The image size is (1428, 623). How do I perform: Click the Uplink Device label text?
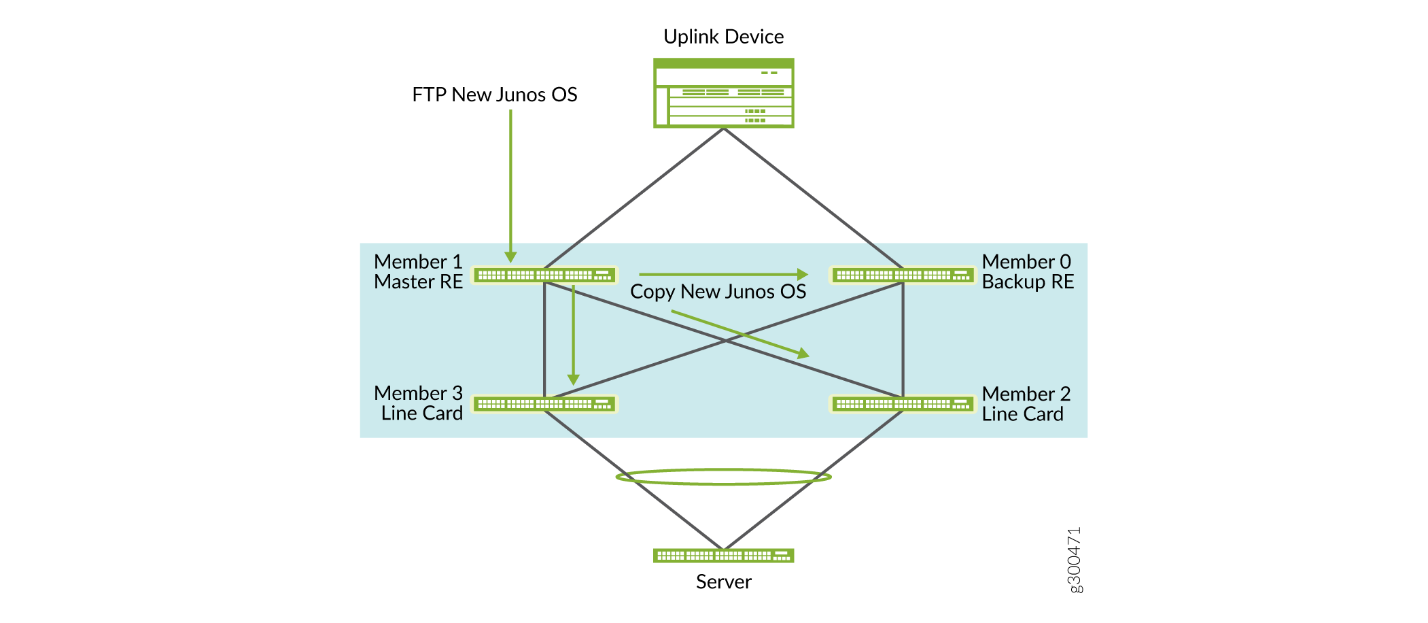click(723, 37)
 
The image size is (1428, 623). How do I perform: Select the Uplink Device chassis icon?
click(723, 93)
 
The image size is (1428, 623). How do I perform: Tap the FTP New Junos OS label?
click(494, 95)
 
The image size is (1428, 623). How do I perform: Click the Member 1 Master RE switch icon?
click(544, 275)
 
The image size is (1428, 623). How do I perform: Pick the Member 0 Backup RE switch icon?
click(903, 275)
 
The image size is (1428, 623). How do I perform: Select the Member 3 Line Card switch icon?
click(544, 404)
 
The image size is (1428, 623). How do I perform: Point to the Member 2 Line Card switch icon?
click(903, 404)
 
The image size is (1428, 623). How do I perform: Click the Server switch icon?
click(723, 556)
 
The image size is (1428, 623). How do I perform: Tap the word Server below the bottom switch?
click(723, 582)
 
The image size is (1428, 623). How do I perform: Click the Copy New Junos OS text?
click(718, 292)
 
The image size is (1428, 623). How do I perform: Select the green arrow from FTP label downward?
click(510, 184)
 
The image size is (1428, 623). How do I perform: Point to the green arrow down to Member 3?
click(574, 333)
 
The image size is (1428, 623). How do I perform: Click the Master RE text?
click(418, 282)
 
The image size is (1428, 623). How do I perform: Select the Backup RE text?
click(1028, 282)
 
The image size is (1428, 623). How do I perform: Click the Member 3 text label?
click(418, 393)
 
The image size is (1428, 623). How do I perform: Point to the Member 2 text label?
click(1026, 394)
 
